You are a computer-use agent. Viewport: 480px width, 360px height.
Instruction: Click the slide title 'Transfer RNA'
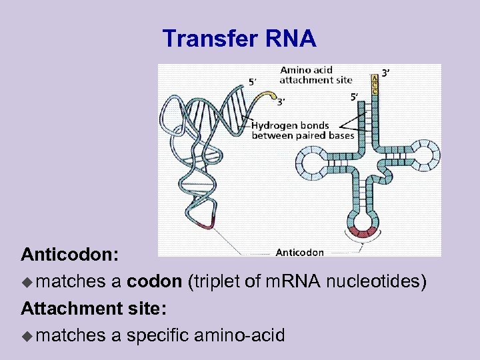239,39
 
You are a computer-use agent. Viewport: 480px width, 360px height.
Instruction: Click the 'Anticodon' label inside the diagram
299,252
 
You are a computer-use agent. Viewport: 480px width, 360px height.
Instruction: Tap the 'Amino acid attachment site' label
315,75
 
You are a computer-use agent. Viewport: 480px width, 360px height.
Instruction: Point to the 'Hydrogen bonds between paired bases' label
302,131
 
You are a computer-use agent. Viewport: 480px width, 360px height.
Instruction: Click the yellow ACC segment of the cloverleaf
375,85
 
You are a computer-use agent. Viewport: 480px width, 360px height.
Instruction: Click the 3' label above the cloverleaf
385,72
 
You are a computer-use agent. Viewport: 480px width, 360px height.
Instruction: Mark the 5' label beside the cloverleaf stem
355,97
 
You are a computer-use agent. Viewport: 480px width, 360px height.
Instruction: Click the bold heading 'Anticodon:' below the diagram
70,255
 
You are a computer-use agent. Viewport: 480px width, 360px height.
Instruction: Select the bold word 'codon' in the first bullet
154,282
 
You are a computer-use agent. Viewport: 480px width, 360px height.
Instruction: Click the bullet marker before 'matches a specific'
28,335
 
